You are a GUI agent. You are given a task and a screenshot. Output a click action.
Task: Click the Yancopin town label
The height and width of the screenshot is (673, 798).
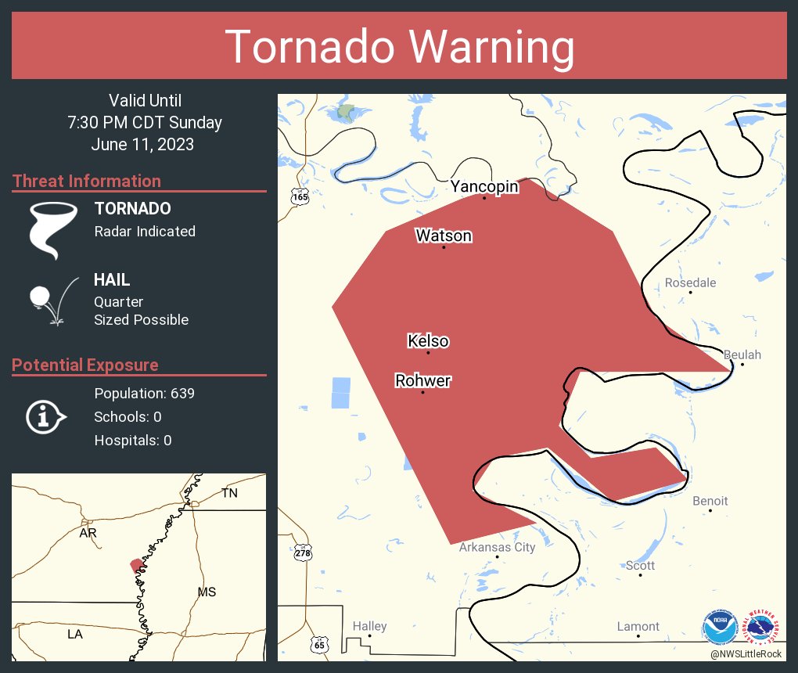[x=484, y=187]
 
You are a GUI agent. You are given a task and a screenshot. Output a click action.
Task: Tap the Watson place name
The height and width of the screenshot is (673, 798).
[x=444, y=236]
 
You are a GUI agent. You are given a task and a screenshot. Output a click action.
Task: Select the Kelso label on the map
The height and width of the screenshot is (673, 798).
[x=428, y=341]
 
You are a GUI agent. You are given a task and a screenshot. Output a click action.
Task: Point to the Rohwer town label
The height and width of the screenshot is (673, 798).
[x=422, y=381]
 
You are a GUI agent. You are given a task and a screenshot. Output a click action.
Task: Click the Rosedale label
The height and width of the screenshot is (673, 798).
[x=690, y=283]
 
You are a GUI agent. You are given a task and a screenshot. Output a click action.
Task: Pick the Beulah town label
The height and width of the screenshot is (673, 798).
[x=742, y=354]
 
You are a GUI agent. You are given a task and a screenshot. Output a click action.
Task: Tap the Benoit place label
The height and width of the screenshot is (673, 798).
[x=710, y=501]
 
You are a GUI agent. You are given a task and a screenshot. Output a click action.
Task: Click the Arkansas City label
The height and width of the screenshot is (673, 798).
[x=497, y=547]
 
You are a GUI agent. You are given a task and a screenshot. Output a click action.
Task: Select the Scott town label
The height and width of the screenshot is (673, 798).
[x=640, y=565]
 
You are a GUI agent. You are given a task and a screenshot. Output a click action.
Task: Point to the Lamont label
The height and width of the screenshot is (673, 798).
[x=638, y=626]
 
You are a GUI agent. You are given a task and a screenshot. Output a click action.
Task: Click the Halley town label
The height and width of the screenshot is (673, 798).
[x=369, y=626]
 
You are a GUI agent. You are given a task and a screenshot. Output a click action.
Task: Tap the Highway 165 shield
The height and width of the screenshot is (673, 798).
[x=300, y=196]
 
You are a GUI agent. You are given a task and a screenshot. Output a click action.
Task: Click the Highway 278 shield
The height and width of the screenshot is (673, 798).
[x=304, y=552]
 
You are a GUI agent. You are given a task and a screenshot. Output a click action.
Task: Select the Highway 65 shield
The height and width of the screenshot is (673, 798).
[x=318, y=644]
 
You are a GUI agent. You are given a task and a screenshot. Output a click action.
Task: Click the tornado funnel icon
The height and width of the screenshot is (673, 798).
[x=53, y=229]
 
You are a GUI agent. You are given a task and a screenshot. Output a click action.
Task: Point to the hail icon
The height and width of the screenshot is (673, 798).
[x=52, y=301]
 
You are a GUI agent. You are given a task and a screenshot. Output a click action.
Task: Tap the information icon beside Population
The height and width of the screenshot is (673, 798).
[x=46, y=416]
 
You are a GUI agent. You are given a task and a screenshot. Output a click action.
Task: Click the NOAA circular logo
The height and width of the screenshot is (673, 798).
[x=719, y=628]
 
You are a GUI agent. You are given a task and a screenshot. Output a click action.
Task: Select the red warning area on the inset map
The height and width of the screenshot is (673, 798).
[x=137, y=565]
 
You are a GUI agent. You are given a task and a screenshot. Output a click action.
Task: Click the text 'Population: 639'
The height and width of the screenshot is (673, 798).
[x=144, y=393]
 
